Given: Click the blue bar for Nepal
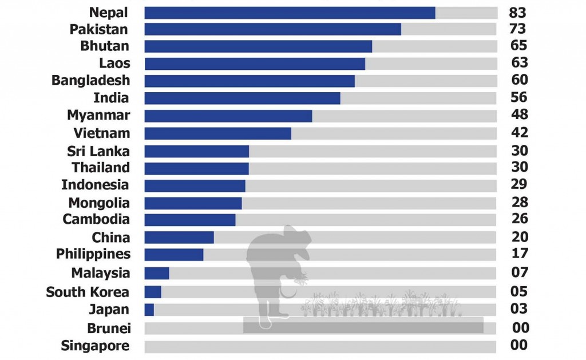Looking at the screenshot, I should (x=290, y=13).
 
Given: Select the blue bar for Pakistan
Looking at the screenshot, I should (x=272, y=29).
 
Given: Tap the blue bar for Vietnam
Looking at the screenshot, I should (x=217, y=133).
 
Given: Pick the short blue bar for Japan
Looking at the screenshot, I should (x=149, y=310).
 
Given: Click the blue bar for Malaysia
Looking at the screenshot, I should (x=157, y=273).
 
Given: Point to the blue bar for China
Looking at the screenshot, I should (x=179, y=238).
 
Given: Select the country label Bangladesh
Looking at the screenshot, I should (x=90, y=81).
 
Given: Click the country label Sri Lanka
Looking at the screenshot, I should (x=98, y=151).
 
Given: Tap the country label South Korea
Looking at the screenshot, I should (x=88, y=292).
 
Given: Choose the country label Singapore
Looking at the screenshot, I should (x=95, y=346).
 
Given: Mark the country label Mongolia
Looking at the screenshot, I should (x=99, y=203).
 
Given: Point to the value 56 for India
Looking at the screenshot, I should (x=519, y=97).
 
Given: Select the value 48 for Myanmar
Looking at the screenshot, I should (x=520, y=114).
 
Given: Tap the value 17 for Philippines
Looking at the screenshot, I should (x=520, y=253).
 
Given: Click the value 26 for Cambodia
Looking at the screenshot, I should (x=520, y=219).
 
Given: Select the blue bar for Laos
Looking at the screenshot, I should (x=255, y=64).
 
